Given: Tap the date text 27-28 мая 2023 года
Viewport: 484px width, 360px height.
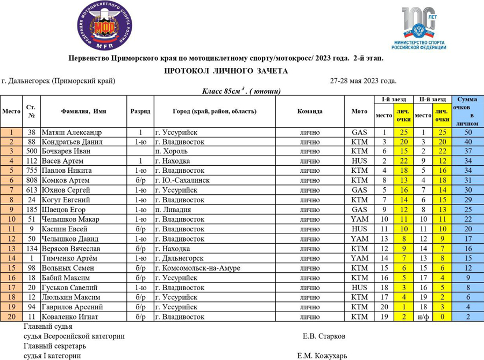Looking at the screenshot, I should (x=363, y=81).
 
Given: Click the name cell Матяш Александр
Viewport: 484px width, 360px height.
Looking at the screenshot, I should (x=72, y=132).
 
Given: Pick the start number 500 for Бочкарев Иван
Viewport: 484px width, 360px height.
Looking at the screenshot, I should (x=31, y=151).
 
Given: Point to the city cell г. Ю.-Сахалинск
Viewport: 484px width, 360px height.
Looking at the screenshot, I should (x=182, y=180).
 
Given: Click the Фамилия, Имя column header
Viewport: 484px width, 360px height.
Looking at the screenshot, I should (x=83, y=111).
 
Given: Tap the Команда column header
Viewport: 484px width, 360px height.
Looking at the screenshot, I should (x=310, y=111).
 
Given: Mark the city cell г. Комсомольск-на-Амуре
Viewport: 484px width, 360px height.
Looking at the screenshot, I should (x=197, y=268).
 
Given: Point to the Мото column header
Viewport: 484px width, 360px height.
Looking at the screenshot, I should (x=359, y=111).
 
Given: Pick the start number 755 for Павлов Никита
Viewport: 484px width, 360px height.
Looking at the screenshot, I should (x=31, y=171).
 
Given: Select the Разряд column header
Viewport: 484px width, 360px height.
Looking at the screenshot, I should (x=140, y=111).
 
